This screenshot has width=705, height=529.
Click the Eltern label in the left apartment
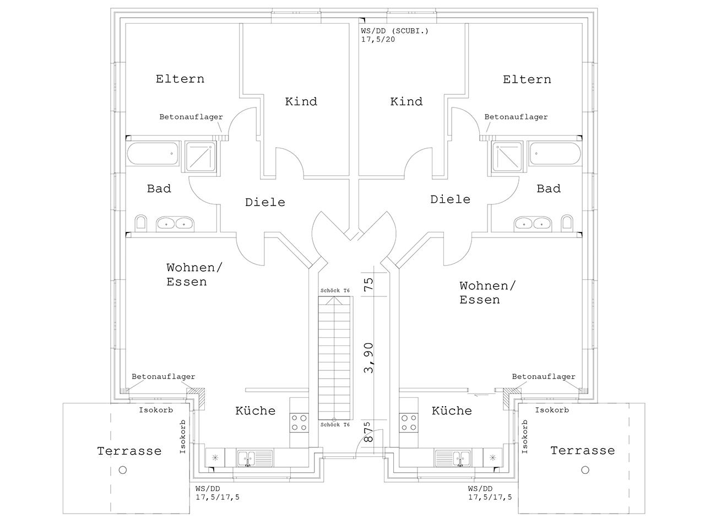tap(180, 79)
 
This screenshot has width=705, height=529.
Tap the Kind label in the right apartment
tap(406, 101)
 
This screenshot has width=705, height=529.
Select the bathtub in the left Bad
tap(153, 154)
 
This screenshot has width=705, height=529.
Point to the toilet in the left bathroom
tap(140, 223)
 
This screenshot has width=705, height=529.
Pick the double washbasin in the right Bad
tap(533, 224)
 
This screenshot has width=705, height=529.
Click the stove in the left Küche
tap(299, 423)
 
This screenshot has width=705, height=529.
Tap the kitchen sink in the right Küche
tap(452, 458)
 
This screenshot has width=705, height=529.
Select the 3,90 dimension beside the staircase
tap(368, 358)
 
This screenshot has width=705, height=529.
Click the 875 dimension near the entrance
tap(368, 431)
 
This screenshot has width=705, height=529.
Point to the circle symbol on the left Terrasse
tap(123, 470)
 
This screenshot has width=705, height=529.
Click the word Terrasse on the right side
tap(583, 450)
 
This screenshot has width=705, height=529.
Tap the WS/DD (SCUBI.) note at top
tap(395, 31)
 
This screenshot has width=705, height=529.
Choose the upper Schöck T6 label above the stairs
tap(335, 290)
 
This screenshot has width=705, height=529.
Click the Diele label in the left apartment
tap(265, 202)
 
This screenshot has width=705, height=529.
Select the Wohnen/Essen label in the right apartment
tap(487, 293)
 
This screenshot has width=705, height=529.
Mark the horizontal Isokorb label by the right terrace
tap(552, 410)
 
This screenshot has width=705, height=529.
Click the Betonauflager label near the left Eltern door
tap(191, 117)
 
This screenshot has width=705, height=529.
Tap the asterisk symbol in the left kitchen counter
tap(215, 458)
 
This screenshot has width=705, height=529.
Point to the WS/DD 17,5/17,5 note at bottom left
tap(218, 493)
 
